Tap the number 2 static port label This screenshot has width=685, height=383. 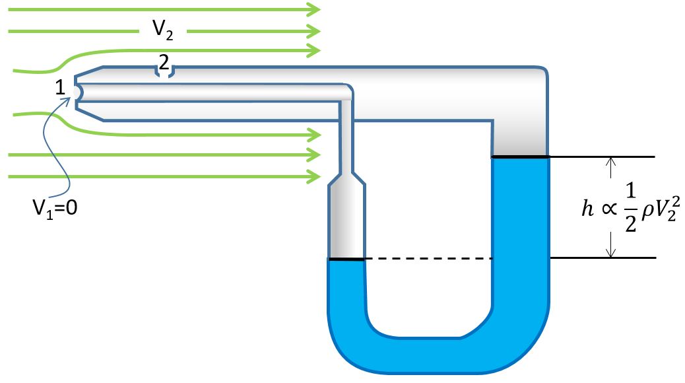(x=164, y=63)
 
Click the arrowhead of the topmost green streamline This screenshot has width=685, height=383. (x=314, y=9)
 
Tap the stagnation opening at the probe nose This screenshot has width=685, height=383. (x=77, y=92)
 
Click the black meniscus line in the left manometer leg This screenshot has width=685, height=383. (x=346, y=259)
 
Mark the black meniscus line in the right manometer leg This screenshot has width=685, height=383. (x=520, y=157)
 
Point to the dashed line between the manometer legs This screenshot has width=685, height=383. (x=428, y=259)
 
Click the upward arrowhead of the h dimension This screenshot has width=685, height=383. (x=611, y=162)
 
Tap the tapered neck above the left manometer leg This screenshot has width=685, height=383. (x=346, y=178)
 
